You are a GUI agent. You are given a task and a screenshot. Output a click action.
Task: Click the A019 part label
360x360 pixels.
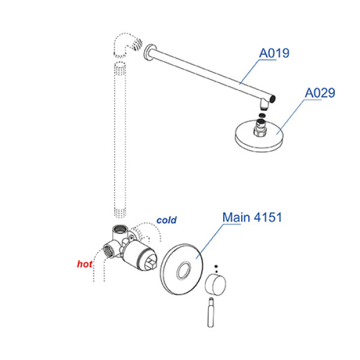[x=274, y=53]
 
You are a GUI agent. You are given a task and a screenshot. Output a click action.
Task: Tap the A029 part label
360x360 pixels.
[x=320, y=93]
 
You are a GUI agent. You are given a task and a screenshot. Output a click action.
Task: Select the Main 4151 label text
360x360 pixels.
[x=252, y=217]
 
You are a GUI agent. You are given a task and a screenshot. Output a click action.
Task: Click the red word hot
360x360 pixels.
[x=85, y=264]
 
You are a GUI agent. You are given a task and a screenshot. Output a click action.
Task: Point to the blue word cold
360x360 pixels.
[x=166, y=220]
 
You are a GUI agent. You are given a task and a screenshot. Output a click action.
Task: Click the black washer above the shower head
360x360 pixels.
[x=262, y=115]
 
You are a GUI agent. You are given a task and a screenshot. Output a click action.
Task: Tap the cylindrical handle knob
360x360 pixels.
[x=215, y=285]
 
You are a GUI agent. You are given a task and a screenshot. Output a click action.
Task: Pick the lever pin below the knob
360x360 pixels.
[x=211, y=312]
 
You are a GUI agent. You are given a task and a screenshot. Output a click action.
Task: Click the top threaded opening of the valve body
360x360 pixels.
[x=120, y=229]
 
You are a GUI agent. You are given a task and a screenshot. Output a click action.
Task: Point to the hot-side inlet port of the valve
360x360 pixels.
[x=108, y=250]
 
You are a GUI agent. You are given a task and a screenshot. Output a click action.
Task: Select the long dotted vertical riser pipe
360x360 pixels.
[x=120, y=139]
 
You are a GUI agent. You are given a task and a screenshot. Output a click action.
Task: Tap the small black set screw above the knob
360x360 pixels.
[x=216, y=266]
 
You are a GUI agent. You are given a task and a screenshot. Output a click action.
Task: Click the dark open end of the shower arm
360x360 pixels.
[x=272, y=99]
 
